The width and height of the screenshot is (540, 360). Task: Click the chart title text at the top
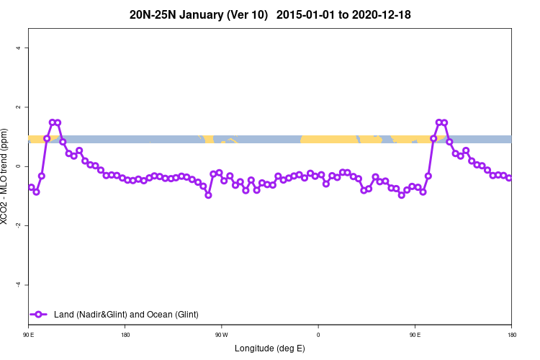270,14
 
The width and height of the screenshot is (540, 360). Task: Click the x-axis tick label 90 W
221,335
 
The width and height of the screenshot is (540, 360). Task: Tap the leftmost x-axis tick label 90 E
29,335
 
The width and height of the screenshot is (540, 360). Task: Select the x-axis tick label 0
318,335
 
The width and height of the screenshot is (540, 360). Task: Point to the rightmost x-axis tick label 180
511,335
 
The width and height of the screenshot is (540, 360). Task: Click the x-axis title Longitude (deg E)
270,348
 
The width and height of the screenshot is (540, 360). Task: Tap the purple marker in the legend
40,314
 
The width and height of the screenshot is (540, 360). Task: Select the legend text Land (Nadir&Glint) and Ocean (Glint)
126,315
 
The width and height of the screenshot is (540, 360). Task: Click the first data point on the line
31,187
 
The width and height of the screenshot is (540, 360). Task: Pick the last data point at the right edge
509,177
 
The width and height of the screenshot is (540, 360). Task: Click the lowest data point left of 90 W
208,194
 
